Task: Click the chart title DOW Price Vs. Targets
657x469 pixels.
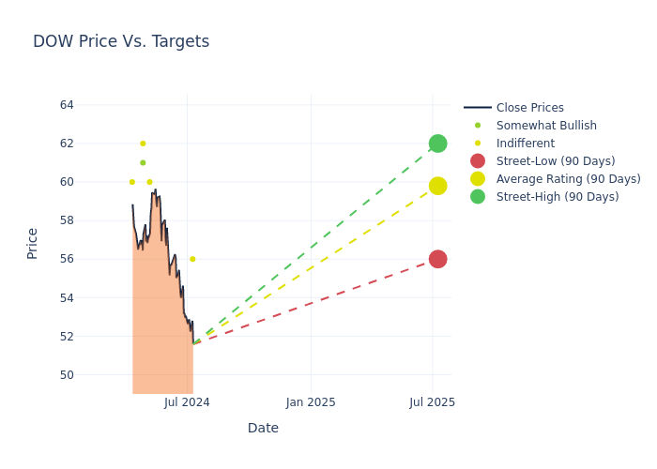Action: (121, 41)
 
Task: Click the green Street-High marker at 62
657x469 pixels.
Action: (437, 144)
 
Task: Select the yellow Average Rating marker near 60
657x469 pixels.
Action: (437, 186)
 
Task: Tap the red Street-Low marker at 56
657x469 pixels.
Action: (437, 259)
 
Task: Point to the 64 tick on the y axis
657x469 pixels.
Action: (67, 105)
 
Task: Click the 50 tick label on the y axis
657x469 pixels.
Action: (67, 375)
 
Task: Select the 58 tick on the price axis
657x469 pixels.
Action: (67, 220)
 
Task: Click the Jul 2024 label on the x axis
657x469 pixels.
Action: (187, 402)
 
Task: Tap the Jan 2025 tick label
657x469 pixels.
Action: (311, 402)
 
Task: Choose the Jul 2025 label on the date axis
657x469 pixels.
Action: (433, 402)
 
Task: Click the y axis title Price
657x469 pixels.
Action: (33, 243)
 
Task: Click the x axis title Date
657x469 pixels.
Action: (263, 428)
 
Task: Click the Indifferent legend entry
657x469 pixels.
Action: (525, 144)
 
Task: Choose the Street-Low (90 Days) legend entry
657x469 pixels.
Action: (555, 161)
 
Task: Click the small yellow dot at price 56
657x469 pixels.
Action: (192, 259)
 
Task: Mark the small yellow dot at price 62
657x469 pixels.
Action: (143, 144)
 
